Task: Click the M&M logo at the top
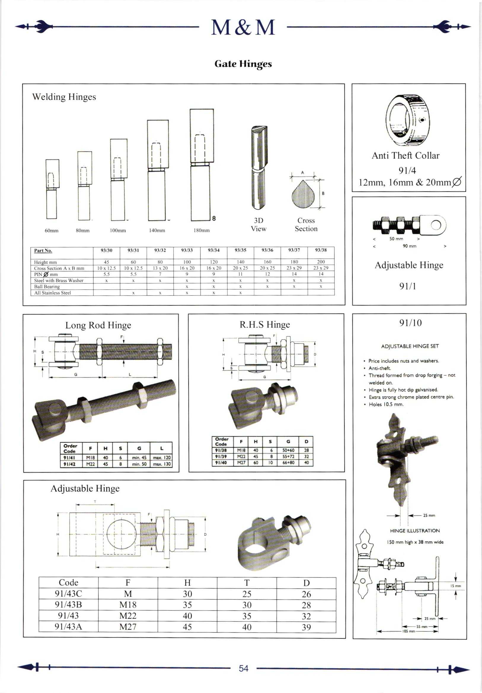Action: tap(243, 28)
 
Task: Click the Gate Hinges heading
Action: tap(243, 64)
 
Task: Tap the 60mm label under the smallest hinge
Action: tap(52, 231)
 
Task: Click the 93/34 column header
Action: tap(213, 250)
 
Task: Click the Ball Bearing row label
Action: tap(47, 286)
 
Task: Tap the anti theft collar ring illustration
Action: tap(406, 120)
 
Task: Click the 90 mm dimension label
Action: tap(409, 246)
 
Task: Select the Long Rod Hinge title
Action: tap(98, 325)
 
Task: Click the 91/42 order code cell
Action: tap(69, 464)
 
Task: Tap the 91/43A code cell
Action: tap(68, 627)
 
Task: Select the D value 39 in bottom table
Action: tap(306, 627)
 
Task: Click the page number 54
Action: tap(243, 668)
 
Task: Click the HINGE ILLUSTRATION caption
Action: tap(415, 530)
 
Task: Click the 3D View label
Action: tap(259, 224)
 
